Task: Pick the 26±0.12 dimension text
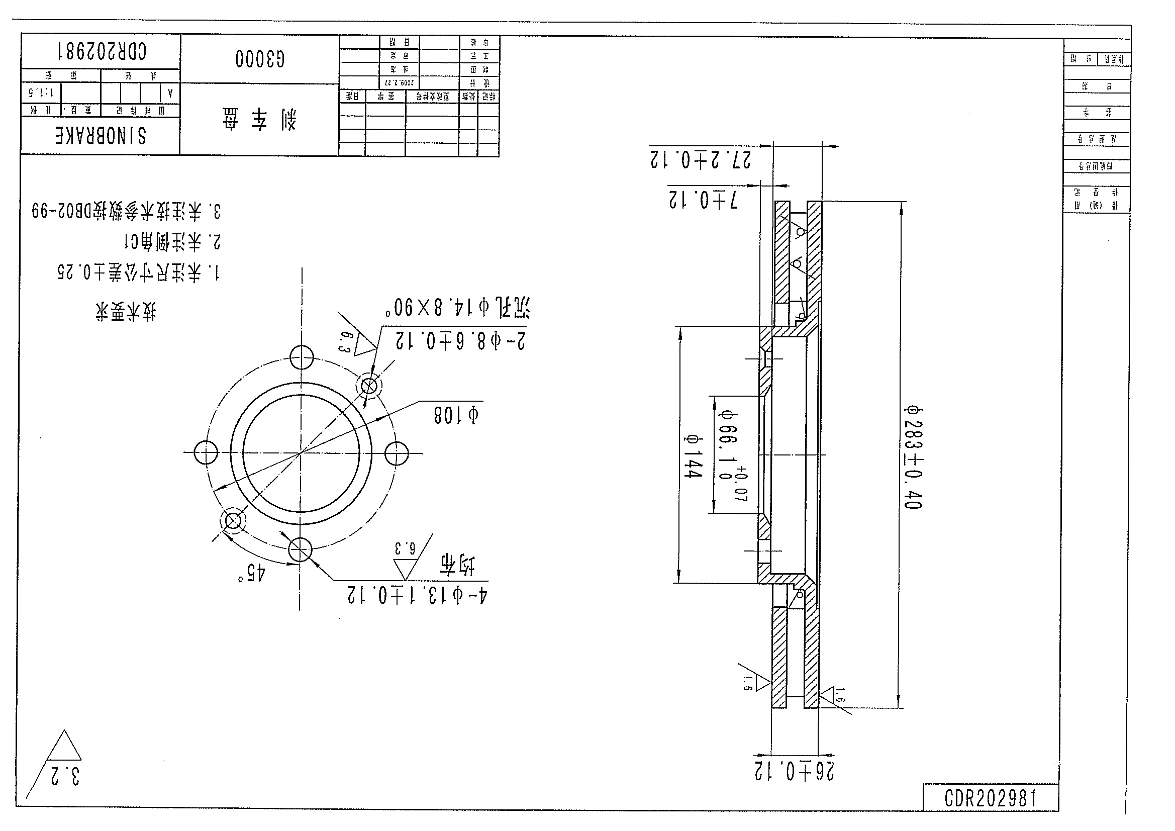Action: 794,771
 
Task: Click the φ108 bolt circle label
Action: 456,415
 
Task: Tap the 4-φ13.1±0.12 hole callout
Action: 418,595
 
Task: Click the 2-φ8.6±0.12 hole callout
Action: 459,341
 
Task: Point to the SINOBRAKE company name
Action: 101,136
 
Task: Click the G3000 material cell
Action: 260,59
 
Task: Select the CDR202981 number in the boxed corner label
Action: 990,798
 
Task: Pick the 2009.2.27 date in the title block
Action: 399,82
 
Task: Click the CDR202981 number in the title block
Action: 102,52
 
